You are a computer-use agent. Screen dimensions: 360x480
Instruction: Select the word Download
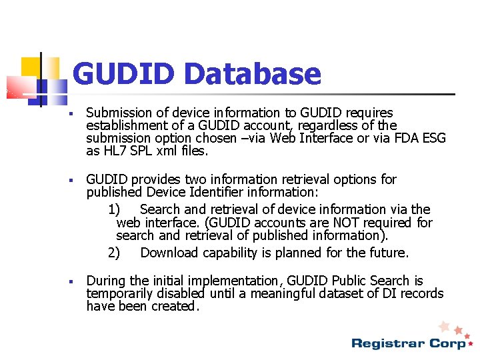[169, 253]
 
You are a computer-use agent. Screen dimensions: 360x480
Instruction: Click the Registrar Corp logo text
[409, 343]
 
